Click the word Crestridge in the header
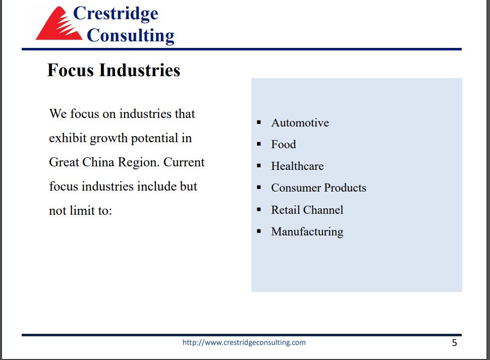116,14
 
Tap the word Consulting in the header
130,35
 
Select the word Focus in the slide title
70,70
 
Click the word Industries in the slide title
140,70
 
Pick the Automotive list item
300,123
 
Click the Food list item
284,144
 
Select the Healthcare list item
298,166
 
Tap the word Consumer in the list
296,188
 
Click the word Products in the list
345,188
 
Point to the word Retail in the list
285,210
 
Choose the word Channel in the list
323,210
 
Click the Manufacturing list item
307,231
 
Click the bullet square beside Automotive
259,123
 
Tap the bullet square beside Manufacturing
259,231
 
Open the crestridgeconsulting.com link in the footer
244,342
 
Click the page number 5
454,343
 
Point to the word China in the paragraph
98,162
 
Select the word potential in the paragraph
154,138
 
